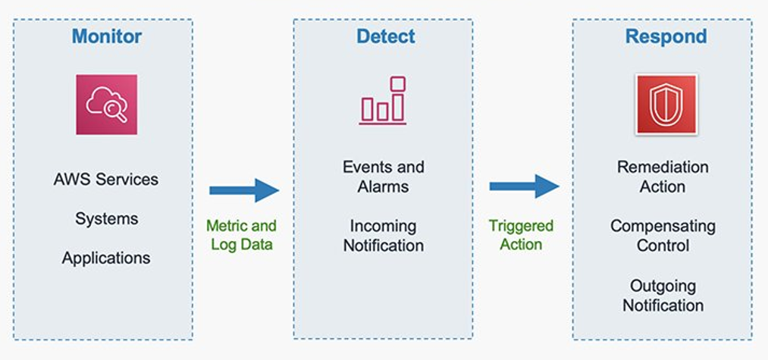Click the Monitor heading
point(106,36)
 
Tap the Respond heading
point(666,36)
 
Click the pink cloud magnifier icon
point(106,105)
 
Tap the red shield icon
point(666,105)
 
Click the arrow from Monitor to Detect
point(244,190)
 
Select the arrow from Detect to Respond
point(524,186)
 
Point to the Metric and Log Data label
point(241,235)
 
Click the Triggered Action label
point(521,235)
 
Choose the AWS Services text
point(106,180)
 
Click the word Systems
point(106,219)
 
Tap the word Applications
point(106,258)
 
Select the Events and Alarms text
point(383,177)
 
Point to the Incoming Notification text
point(383,236)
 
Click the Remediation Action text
point(663,177)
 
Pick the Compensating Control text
point(663,236)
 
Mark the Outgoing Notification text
point(663,296)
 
